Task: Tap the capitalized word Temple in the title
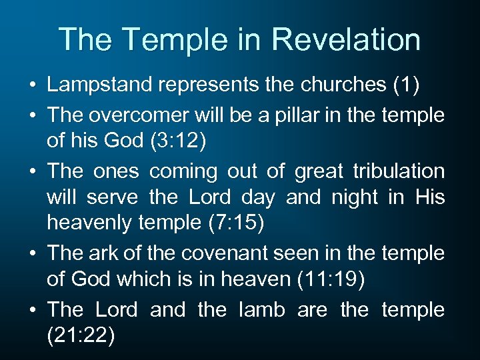coord(159,39)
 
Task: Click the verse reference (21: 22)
coord(81,336)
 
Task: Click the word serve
coord(110,198)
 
